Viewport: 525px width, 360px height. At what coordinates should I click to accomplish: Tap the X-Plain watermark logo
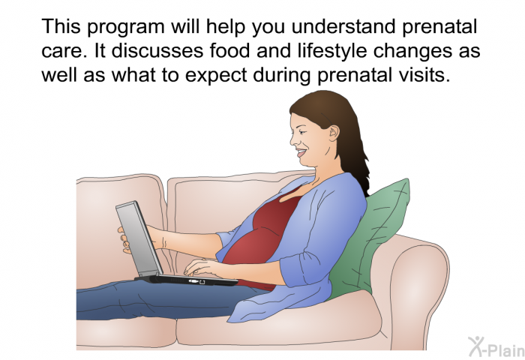click(x=496, y=347)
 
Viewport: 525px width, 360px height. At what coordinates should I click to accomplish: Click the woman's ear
click(x=334, y=133)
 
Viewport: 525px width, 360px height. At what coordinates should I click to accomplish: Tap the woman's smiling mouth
click(x=301, y=153)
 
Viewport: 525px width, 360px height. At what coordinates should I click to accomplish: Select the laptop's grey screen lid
click(x=139, y=238)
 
